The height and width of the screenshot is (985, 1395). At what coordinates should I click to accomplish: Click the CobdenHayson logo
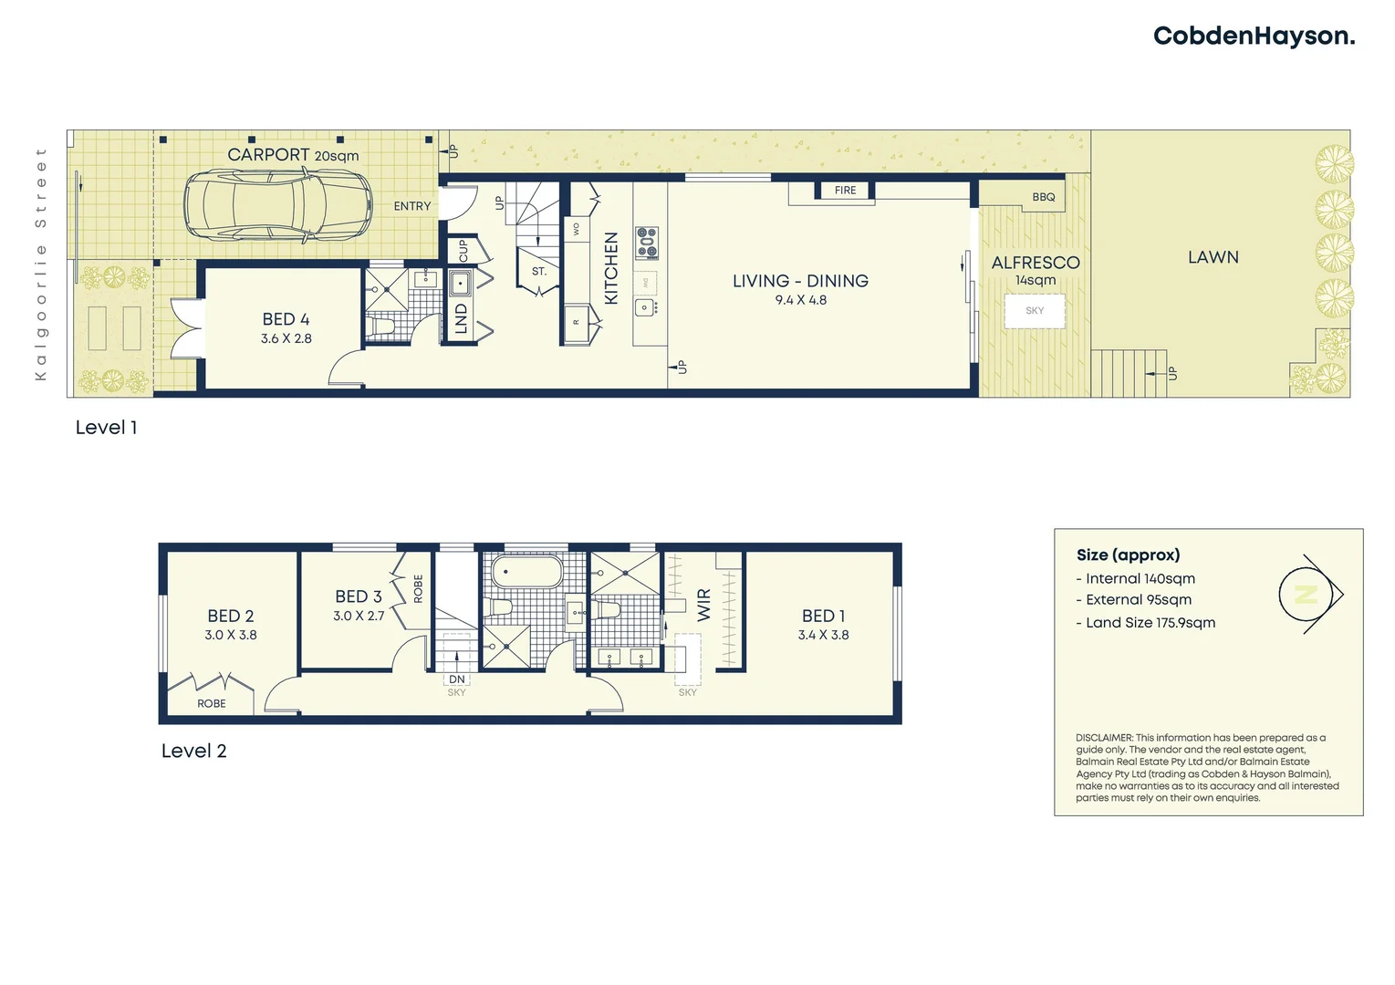[x=1254, y=36]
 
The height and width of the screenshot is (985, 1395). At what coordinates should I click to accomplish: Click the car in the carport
[x=278, y=206]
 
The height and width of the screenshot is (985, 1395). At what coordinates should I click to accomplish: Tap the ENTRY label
[x=411, y=206]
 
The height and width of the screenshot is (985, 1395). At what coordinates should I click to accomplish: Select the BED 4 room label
[x=286, y=319]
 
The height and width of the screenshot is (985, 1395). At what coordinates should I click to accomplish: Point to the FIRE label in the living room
[x=845, y=191]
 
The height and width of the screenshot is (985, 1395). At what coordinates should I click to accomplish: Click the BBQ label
[x=1043, y=197]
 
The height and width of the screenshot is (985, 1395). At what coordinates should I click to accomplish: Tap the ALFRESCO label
[x=1035, y=263]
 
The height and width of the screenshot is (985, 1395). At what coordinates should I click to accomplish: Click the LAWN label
[x=1213, y=257]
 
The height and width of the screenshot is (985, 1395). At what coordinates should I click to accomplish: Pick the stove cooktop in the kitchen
[x=647, y=243]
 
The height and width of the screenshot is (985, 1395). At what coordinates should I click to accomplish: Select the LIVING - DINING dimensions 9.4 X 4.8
[x=800, y=300]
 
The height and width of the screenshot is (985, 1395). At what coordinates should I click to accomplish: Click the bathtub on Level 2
[x=527, y=573]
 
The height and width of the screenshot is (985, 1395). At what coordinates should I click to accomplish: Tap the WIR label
[x=703, y=605]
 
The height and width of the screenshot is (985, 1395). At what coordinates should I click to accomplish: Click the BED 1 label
[x=823, y=617]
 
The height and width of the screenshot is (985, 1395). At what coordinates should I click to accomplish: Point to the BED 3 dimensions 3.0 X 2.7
[x=359, y=617]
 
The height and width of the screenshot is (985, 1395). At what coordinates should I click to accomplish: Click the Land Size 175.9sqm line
[x=1150, y=623]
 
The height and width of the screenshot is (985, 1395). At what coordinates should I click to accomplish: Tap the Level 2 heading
[x=193, y=751]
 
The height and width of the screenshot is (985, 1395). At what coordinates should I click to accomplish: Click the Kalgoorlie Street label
[x=40, y=264]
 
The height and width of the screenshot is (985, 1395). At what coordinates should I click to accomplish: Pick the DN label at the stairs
[x=456, y=679]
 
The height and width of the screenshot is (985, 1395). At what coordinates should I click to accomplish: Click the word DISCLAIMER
[x=1104, y=738]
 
